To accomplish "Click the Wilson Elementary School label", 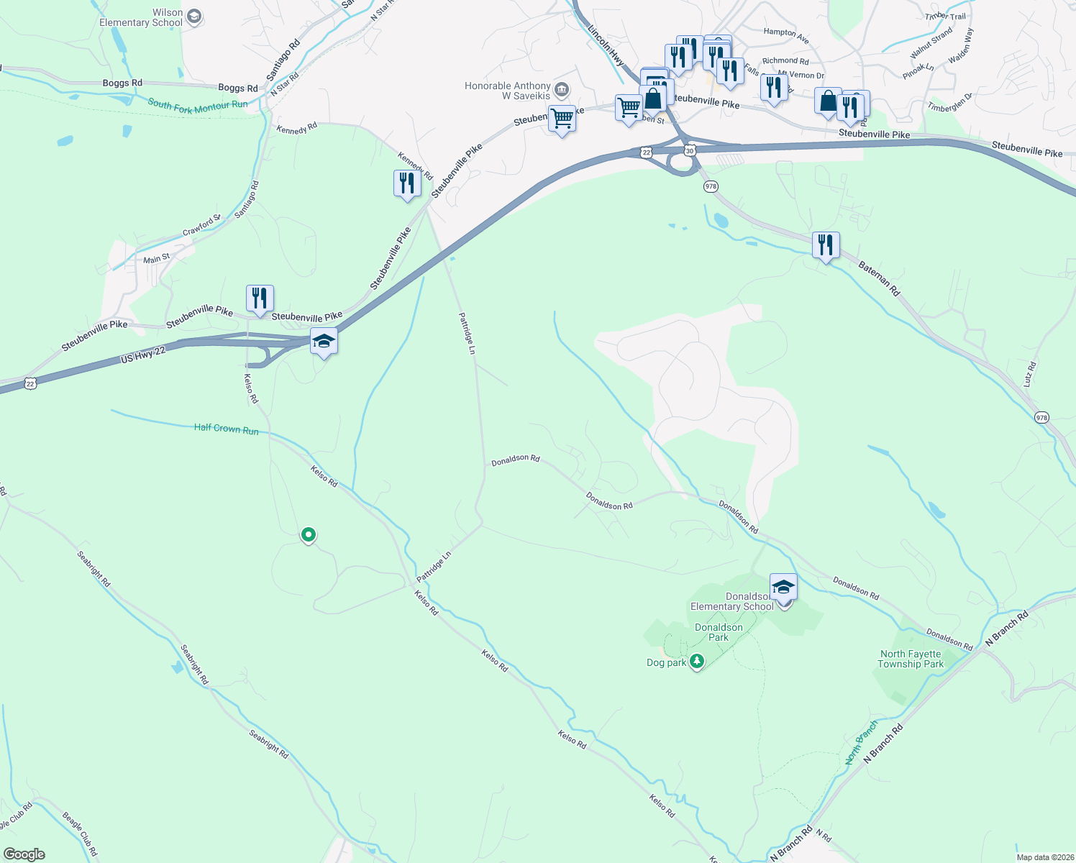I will tap(141, 18).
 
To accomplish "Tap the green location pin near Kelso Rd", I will tap(309, 534).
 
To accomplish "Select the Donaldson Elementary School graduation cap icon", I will tap(783, 587).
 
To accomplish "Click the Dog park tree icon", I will tap(696, 662).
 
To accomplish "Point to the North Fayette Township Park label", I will tap(911, 659).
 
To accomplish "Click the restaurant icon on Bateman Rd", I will tap(826, 245).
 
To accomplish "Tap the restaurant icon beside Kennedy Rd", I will tap(407, 183).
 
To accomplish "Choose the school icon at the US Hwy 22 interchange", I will tap(324, 341).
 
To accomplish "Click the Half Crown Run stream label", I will tap(226, 429).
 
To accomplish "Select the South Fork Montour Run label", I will tap(198, 104).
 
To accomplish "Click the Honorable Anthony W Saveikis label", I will tap(508, 91).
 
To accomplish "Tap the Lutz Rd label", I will tap(1029, 375).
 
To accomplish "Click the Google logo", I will tap(24, 854).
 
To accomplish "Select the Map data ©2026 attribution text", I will tap(1044, 857).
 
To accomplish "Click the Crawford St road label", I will tap(201, 226).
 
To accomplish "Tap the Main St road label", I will tap(157, 259).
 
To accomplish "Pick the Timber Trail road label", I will tap(945, 17).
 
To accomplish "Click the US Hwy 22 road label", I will tap(143, 354).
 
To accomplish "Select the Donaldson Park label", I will tap(719, 632).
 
